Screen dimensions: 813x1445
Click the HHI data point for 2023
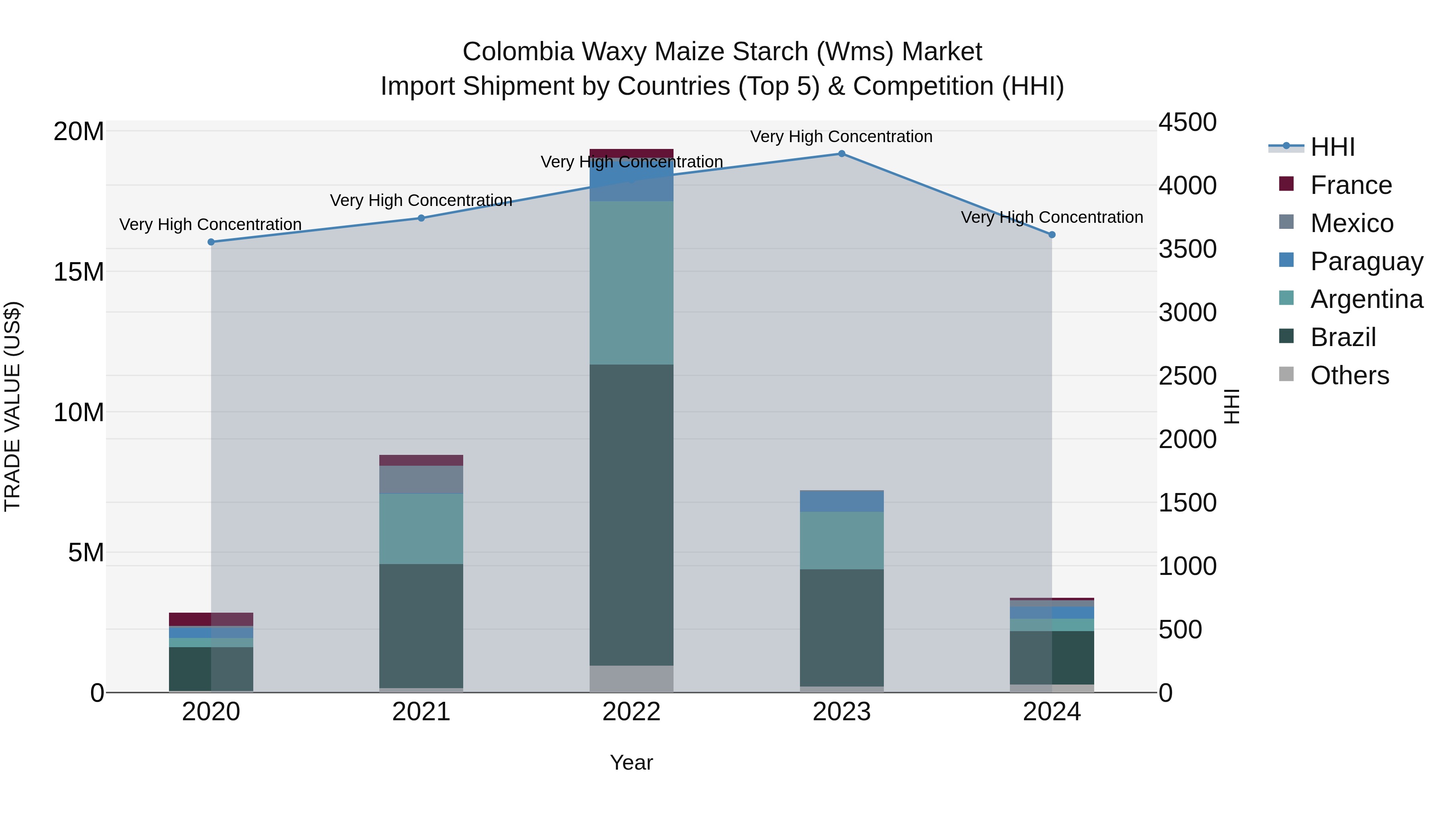click(841, 153)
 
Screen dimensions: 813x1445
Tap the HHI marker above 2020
click(211, 242)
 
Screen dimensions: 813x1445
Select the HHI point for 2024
click(1052, 234)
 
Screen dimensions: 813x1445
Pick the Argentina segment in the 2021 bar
click(421, 528)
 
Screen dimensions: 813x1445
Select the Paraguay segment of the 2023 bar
click(841, 501)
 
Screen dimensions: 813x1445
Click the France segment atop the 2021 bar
click(421, 460)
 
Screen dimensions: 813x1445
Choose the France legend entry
click(1351, 185)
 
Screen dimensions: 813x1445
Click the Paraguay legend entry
click(1366, 261)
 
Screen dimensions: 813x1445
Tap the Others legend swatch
click(1286, 374)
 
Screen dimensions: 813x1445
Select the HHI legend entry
click(1332, 147)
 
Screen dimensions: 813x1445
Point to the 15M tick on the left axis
click(79, 272)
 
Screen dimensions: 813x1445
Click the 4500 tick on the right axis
click(1188, 122)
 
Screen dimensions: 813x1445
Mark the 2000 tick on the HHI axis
click(1188, 439)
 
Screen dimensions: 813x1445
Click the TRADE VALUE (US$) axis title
click(12, 406)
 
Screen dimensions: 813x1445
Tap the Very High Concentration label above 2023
click(841, 137)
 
